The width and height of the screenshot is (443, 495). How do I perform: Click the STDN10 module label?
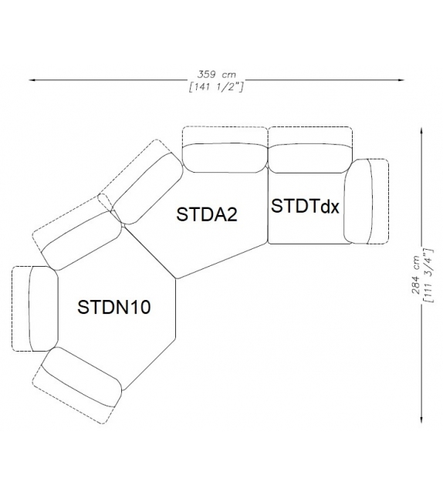113,307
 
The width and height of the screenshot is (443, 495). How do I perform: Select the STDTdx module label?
305,207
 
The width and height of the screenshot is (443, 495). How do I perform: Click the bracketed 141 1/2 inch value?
217,86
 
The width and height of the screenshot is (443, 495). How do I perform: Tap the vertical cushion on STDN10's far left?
42,309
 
